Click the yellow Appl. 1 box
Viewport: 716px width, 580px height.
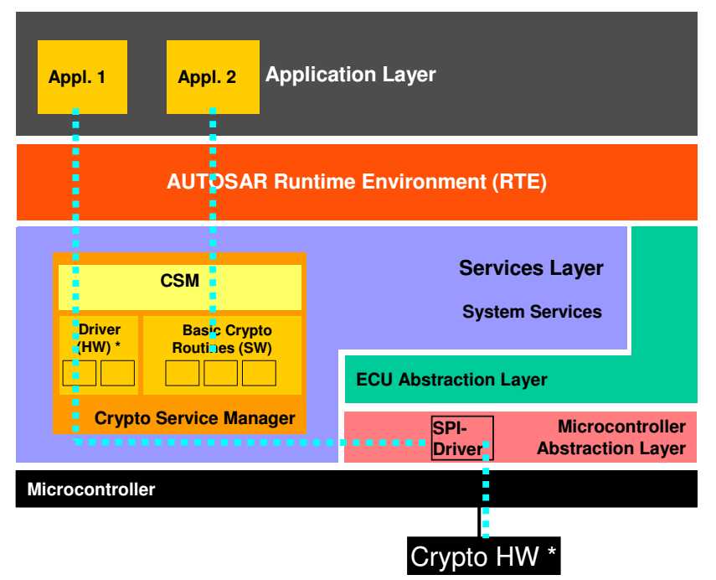(83, 76)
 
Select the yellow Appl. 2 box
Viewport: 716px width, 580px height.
(212, 76)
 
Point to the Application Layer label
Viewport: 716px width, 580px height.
(350, 75)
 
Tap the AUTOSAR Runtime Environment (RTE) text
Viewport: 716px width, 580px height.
(356, 182)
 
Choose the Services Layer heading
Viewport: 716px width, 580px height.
(531, 268)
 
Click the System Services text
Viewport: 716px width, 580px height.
(532, 312)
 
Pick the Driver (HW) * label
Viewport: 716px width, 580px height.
(99, 338)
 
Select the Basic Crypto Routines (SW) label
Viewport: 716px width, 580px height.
(222, 339)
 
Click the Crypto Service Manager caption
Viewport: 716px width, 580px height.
(194, 417)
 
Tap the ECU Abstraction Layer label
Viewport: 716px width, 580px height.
(451, 379)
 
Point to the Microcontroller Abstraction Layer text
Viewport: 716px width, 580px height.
(611, 438)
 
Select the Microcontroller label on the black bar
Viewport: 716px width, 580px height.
(91, 489)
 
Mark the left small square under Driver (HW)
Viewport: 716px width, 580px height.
(80, 373)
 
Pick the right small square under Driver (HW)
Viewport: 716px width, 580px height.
(118, 373)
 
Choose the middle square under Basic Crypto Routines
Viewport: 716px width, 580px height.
(221, 373)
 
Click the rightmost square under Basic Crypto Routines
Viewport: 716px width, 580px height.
(260, 373)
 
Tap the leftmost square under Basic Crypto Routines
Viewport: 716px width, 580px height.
(183, 373)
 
